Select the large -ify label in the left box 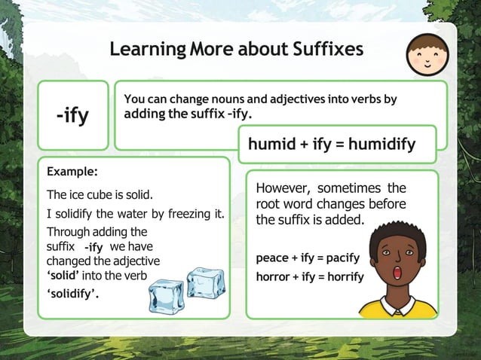tap(72, 116)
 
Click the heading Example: tap(72, 171)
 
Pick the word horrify tap(344, 276)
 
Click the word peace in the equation tap(272, 258)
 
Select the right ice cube tap(204, 282)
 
